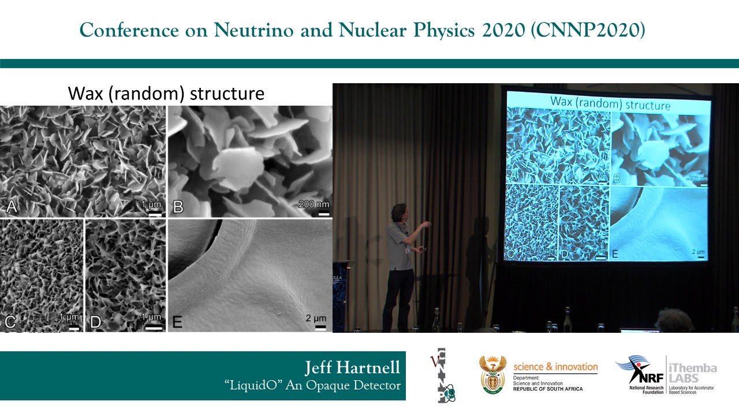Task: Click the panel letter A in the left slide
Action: tap(10, 206)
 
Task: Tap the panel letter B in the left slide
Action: tap(178, 206)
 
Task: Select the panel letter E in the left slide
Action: tap(177, 321)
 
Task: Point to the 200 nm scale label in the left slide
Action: tap(314, 204)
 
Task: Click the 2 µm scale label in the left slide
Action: tap(316, 318)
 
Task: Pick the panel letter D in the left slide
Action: tap(95, 321)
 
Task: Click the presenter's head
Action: tap(399, 212)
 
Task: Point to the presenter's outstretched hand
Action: tap(428, 222)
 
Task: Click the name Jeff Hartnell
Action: tap(352, 368)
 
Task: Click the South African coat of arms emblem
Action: tap(492, 374)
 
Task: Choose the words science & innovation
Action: tap(555, 367)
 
